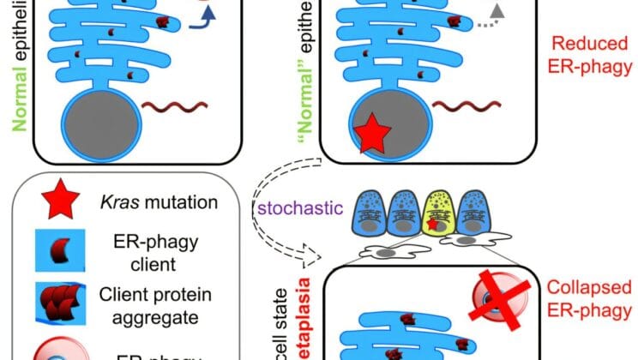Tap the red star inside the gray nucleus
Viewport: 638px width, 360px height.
click(372, 135)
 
